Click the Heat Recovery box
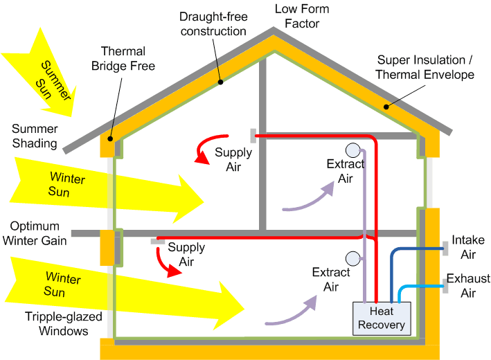coord(382,318)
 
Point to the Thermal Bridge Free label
coord(128,58)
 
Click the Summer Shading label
coord(34,136)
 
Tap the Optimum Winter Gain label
coord(36,233)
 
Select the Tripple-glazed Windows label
coord(55,323)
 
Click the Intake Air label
coord(468,247)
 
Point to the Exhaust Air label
coord(468,286)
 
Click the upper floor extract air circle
coord(352,150)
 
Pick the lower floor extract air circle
coord(353,258)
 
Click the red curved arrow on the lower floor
coord(166,262)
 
